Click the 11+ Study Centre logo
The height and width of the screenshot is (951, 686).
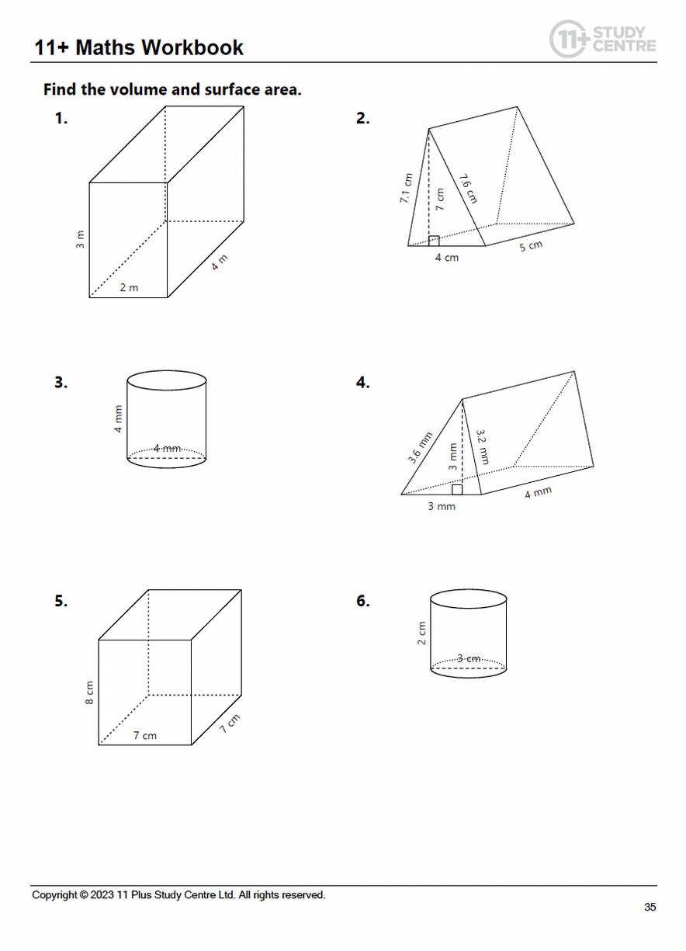tap(602, 38)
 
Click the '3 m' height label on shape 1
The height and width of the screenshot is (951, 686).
tap(80, 240)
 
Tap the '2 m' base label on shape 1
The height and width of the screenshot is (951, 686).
tap(129, 288)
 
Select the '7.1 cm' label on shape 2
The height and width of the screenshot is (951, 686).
tap(404, 189)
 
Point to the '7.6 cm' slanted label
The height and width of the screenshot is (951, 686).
tap(467, 189)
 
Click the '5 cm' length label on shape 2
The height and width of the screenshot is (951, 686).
tap(531, 247)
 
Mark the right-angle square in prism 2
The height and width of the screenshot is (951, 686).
tap(434, 241)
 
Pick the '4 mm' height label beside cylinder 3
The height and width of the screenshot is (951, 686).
tap(119, 419)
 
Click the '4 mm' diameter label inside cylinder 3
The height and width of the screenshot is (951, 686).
tap(166, 449)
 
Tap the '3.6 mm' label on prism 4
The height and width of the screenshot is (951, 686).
tap(420, 448)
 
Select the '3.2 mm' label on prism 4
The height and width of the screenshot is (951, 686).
tap(482, 446)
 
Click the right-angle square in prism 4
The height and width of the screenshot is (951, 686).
tap(457, 489)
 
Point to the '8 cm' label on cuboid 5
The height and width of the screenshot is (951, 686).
tap(89, 692)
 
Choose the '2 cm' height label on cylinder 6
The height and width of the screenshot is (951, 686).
tap(422, 633)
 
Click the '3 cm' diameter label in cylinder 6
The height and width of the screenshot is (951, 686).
tap(469, 659)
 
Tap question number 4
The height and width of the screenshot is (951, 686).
tap(362, 383)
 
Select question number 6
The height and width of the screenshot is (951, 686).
tap(362, 601)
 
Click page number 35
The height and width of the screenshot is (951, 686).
tap(650, 907)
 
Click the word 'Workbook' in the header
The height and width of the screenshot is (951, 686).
tap(192, 48)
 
